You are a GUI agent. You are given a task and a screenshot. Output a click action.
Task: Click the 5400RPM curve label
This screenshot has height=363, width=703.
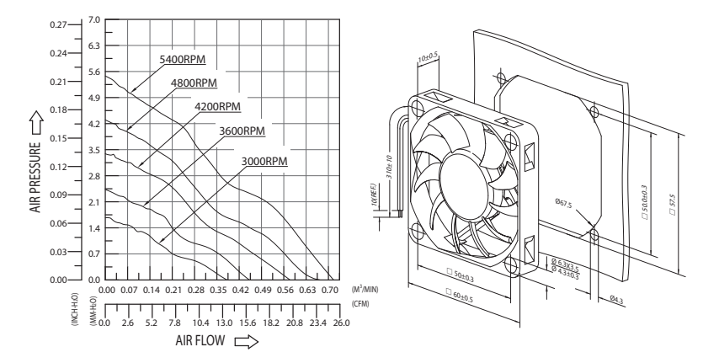(183, 60)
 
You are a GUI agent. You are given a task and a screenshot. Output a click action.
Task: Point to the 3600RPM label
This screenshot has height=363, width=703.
(242, 131)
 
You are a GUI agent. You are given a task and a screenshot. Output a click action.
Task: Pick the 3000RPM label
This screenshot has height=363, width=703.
(264, 160)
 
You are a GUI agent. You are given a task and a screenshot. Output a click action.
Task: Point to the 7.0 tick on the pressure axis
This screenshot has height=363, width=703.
(93, 19)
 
